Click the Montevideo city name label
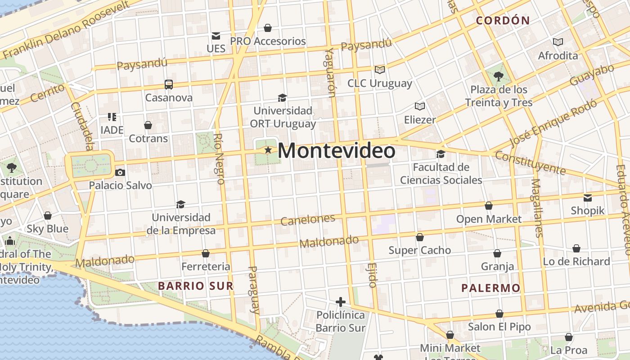[337, 151]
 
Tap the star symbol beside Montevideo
[268, 150]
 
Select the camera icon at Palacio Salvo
[120, 172]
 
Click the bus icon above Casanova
[169, 84]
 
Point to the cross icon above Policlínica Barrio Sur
[341, 301]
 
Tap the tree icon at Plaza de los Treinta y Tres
[498, 76]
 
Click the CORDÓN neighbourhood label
[503, 20]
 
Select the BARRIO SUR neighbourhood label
[196, 286]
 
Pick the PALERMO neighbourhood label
[491, 288]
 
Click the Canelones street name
[308, 220]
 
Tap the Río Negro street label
[219, 159]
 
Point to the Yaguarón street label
[329, 72]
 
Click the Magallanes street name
[537, 207]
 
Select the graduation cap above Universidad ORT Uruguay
[282, 98]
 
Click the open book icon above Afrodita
[558, 42]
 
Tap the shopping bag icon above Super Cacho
[420, 237]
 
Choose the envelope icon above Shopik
[588, 198]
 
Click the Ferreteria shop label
[206, 267]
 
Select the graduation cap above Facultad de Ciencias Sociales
[441, 154]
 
